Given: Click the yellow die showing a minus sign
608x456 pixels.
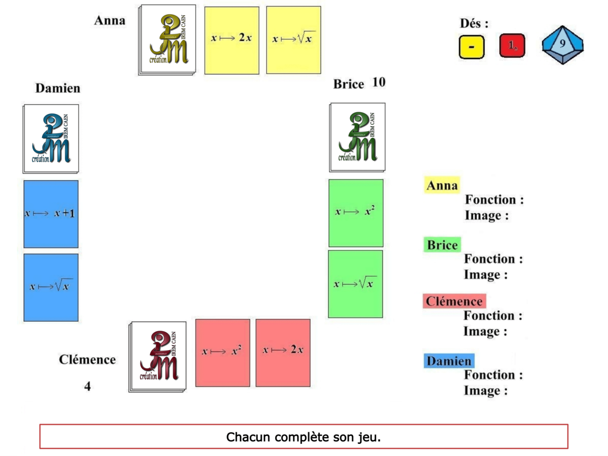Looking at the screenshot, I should [472, 47].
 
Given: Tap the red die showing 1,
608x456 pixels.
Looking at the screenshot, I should [512, 46].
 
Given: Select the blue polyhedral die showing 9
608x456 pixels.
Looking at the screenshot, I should [562, 45].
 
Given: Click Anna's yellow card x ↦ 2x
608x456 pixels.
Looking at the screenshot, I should [232, 40].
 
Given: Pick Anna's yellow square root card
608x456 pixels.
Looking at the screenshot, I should [293, 40].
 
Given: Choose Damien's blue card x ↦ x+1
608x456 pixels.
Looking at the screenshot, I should [51, 214].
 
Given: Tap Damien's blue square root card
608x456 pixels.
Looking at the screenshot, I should [51, 287].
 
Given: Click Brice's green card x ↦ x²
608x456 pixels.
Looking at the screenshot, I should [356, 212].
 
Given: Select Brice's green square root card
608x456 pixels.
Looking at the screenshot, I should [355, 284].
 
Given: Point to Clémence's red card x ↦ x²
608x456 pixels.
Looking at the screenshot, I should [222, 353].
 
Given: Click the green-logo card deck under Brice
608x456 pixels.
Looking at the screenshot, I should [357, 137].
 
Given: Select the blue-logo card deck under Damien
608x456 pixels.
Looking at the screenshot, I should [51, 138].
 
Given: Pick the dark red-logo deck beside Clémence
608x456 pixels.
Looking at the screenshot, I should [158, 356].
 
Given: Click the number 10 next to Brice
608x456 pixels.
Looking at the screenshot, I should [378, 82].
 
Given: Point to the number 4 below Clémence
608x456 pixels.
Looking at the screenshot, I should [88, 387].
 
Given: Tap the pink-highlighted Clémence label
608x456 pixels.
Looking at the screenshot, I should [454, 301].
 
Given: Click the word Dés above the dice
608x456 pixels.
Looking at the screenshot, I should [474, 23].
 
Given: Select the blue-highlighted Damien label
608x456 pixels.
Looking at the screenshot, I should [449, 361].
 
